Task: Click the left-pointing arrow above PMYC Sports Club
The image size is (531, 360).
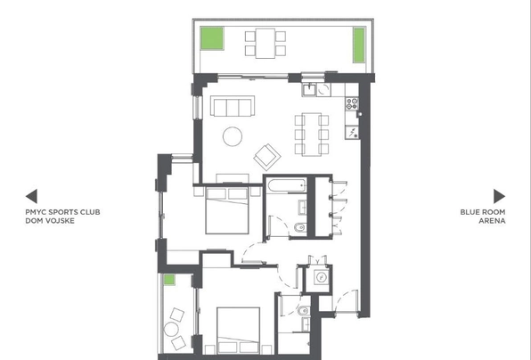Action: click(x=31, y=196)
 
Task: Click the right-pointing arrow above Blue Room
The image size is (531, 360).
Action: click(x=499, y=196)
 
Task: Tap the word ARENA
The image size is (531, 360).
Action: click(x=492, y=221)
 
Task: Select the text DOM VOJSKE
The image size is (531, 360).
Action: click(x=50, y=221)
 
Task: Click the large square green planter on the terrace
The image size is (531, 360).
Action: click(x=212, y=38)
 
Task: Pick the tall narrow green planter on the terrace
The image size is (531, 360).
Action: click(x=359, y=45)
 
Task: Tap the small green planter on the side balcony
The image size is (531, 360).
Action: click(x=169, y=280)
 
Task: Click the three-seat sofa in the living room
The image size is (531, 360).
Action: click(x=233, y=106)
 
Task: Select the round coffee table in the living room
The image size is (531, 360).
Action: click(x=233, y=136)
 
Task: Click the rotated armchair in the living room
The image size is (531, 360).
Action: click(x=267, y=157)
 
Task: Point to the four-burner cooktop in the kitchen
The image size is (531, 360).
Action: click(x=352, y=103)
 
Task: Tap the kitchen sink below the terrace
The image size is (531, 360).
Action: click(x=309, y=90)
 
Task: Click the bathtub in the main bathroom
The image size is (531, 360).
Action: click(x=286, y=185)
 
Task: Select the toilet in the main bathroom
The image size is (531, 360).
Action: click(x=300, y=227)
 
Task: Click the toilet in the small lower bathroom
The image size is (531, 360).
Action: click(x=304, y=310)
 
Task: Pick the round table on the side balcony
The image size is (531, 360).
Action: click(x=171, y=329)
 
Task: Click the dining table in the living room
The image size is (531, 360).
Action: click(x=312, y=135)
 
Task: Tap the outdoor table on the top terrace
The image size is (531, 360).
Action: click(x=265, y=44)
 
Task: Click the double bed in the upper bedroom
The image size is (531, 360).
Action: click(x=227, y=210)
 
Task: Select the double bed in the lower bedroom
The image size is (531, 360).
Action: click(x=239, y=331)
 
